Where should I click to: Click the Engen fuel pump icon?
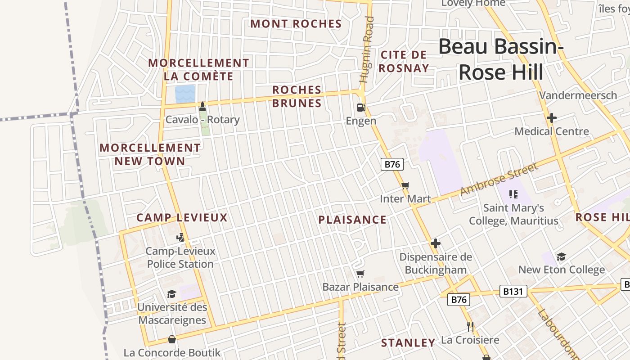tap(360, 108)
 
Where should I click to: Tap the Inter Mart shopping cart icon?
tap(405, 185)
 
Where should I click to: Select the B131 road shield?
tap(513, 292)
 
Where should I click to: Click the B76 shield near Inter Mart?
tap(392, 164)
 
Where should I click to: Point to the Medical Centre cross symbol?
tap(551, 118)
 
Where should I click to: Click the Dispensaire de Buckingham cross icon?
tap(435, 243)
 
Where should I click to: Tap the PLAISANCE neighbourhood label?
tap(352, 220)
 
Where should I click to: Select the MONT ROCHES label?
tap(296, 24)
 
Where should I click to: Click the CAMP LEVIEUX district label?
tap(182, 218)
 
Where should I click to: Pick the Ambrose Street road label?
tap(499, 180)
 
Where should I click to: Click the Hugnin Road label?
tap(367, 49)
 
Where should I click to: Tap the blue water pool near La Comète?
tap(185, 94)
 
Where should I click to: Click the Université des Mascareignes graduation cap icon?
tap(171, 294)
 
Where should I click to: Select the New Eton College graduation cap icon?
tap(561, 256)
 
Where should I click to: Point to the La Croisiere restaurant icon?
tap(470, 327)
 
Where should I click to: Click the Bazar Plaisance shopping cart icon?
tap(360, 274)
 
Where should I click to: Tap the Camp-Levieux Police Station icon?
tap(180, 238)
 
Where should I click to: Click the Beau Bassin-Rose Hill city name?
tap(501, 59)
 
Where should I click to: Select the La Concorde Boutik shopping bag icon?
tap(172, 339)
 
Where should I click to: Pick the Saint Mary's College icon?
tap(513, 194)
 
